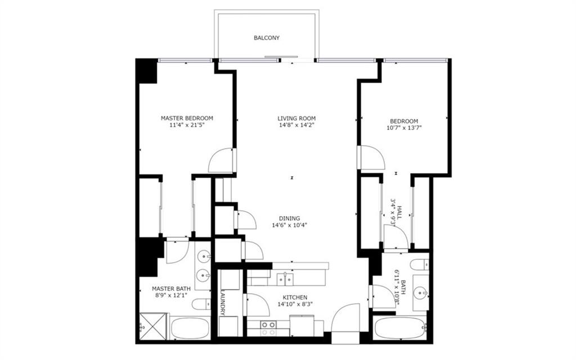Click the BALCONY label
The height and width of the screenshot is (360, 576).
[266, 38]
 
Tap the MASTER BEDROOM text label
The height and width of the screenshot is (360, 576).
[187, 118]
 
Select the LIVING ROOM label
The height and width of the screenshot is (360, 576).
[296, 119]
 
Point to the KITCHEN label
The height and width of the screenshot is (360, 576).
[295, 297]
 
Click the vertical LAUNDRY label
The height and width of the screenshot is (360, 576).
[223, 303]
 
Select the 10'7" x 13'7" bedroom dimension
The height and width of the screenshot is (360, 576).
[404, 128]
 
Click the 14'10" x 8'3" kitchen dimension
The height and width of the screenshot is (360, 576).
[295, 304]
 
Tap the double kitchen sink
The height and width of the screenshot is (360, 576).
[285, 278]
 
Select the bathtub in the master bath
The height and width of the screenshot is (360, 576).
[190, 328]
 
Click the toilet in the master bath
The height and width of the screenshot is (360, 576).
[201, 304]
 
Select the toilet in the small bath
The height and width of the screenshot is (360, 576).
[419, 264]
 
